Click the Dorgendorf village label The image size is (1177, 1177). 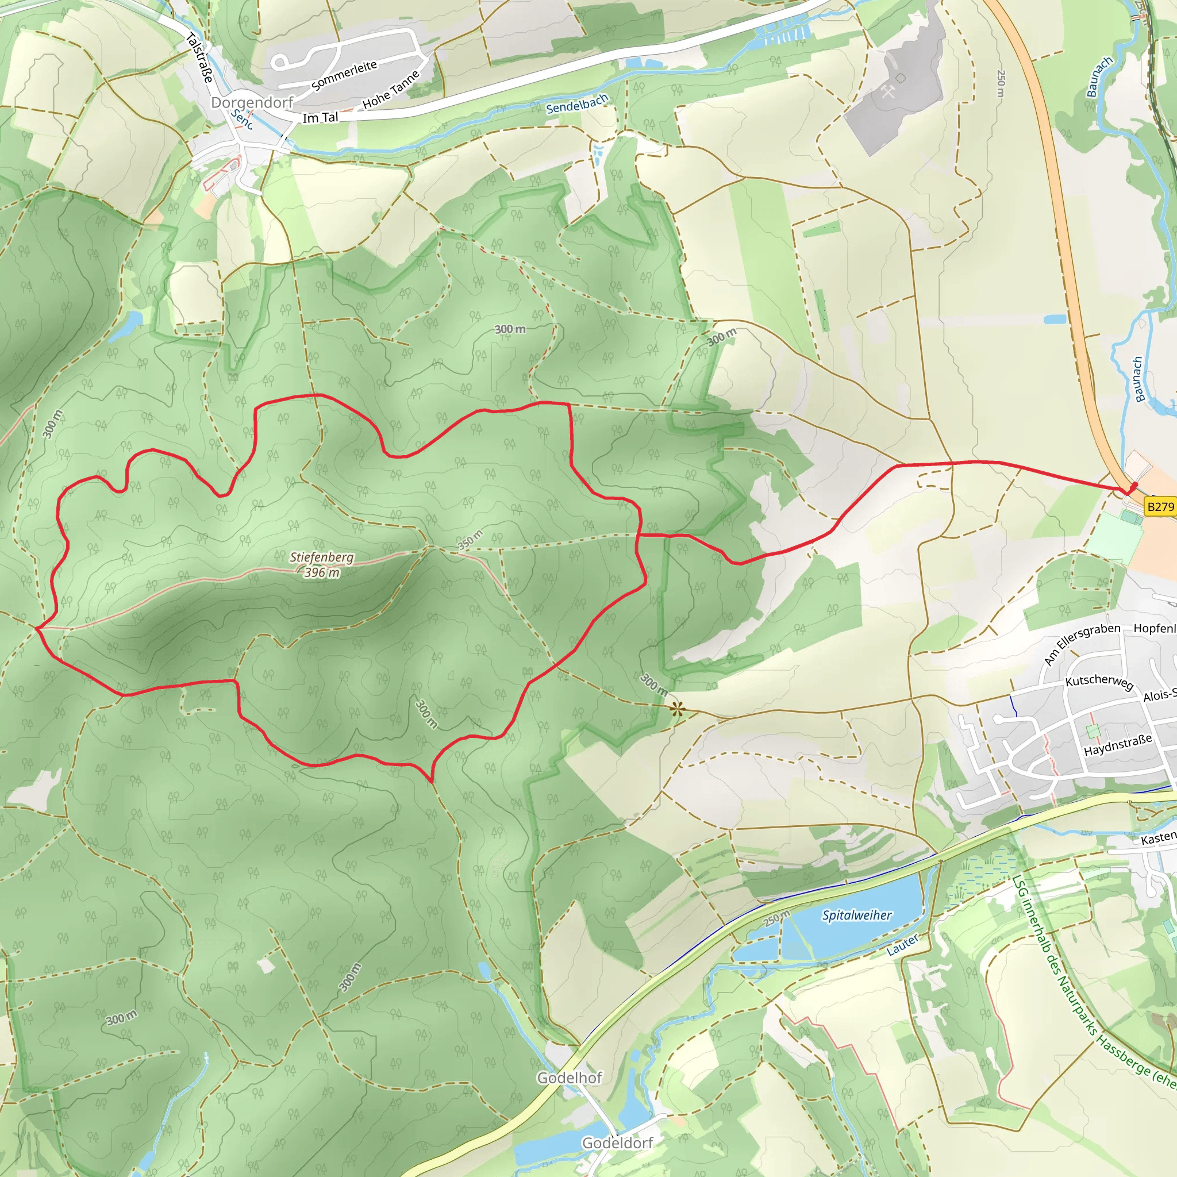[x=252, y=102]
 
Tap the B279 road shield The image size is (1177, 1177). [x=1160, y=506]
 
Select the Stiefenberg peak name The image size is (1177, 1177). [x=321, y=557]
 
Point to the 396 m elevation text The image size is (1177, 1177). [x=322, y=572]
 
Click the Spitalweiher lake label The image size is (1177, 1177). [x=856, y=915]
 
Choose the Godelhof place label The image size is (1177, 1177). [x=569, y=1078]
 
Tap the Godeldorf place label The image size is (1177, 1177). [x=618, y=1143]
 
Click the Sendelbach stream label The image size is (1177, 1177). [x=576, y=104]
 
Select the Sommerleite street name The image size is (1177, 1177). [x=344, y=75]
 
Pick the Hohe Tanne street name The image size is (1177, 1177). [x=391, y=90]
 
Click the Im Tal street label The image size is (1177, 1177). [x=321, y=118]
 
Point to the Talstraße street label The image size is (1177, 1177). [x=200, y=57]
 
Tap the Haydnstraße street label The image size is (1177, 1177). [x=1118, y=744]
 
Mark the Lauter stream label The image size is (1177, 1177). [x=902, y=945]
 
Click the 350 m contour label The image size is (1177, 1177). [x=470, y=540]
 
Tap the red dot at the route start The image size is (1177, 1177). [x=1134, y=486]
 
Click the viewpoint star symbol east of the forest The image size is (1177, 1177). [x=677, y=709]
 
